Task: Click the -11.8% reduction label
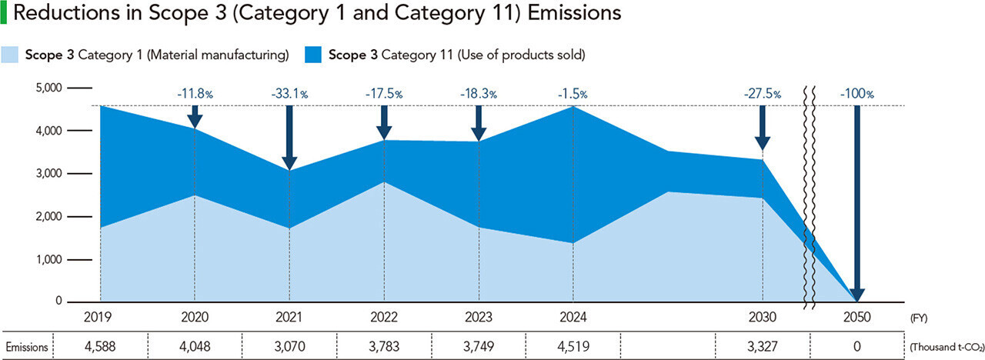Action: (x=195, y=94)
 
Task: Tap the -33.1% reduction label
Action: (x=289, y=94)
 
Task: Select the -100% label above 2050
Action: (x=856, y=94)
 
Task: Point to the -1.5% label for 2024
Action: (x=573, y=94)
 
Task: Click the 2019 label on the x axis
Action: (x=100, y=317)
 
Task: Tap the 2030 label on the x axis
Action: (x=762, y=317)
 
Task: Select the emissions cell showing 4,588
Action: (x=100, y=347)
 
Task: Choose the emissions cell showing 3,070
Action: (x=289, y=347)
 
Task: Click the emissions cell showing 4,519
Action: (x=573, y=347)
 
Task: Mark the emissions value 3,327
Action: (x=762, y=347)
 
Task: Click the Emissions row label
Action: (x=27, y=347)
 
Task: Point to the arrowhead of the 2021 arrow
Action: (x=289, y=162)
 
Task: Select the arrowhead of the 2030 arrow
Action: (x=762, y=143)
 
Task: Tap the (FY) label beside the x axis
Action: (x=919, y=317)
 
